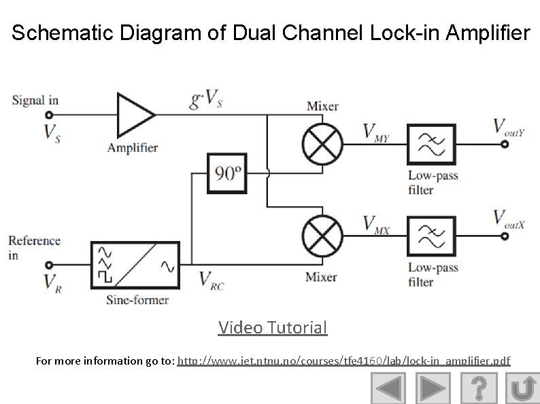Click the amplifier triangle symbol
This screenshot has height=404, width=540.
135,115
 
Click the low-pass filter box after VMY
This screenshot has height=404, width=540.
431,144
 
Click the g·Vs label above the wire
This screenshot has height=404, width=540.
206,102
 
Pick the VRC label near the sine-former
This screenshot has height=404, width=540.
211,280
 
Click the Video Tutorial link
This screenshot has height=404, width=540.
273,328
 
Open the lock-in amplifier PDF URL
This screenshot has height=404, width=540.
343,361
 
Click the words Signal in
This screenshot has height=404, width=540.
35,100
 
